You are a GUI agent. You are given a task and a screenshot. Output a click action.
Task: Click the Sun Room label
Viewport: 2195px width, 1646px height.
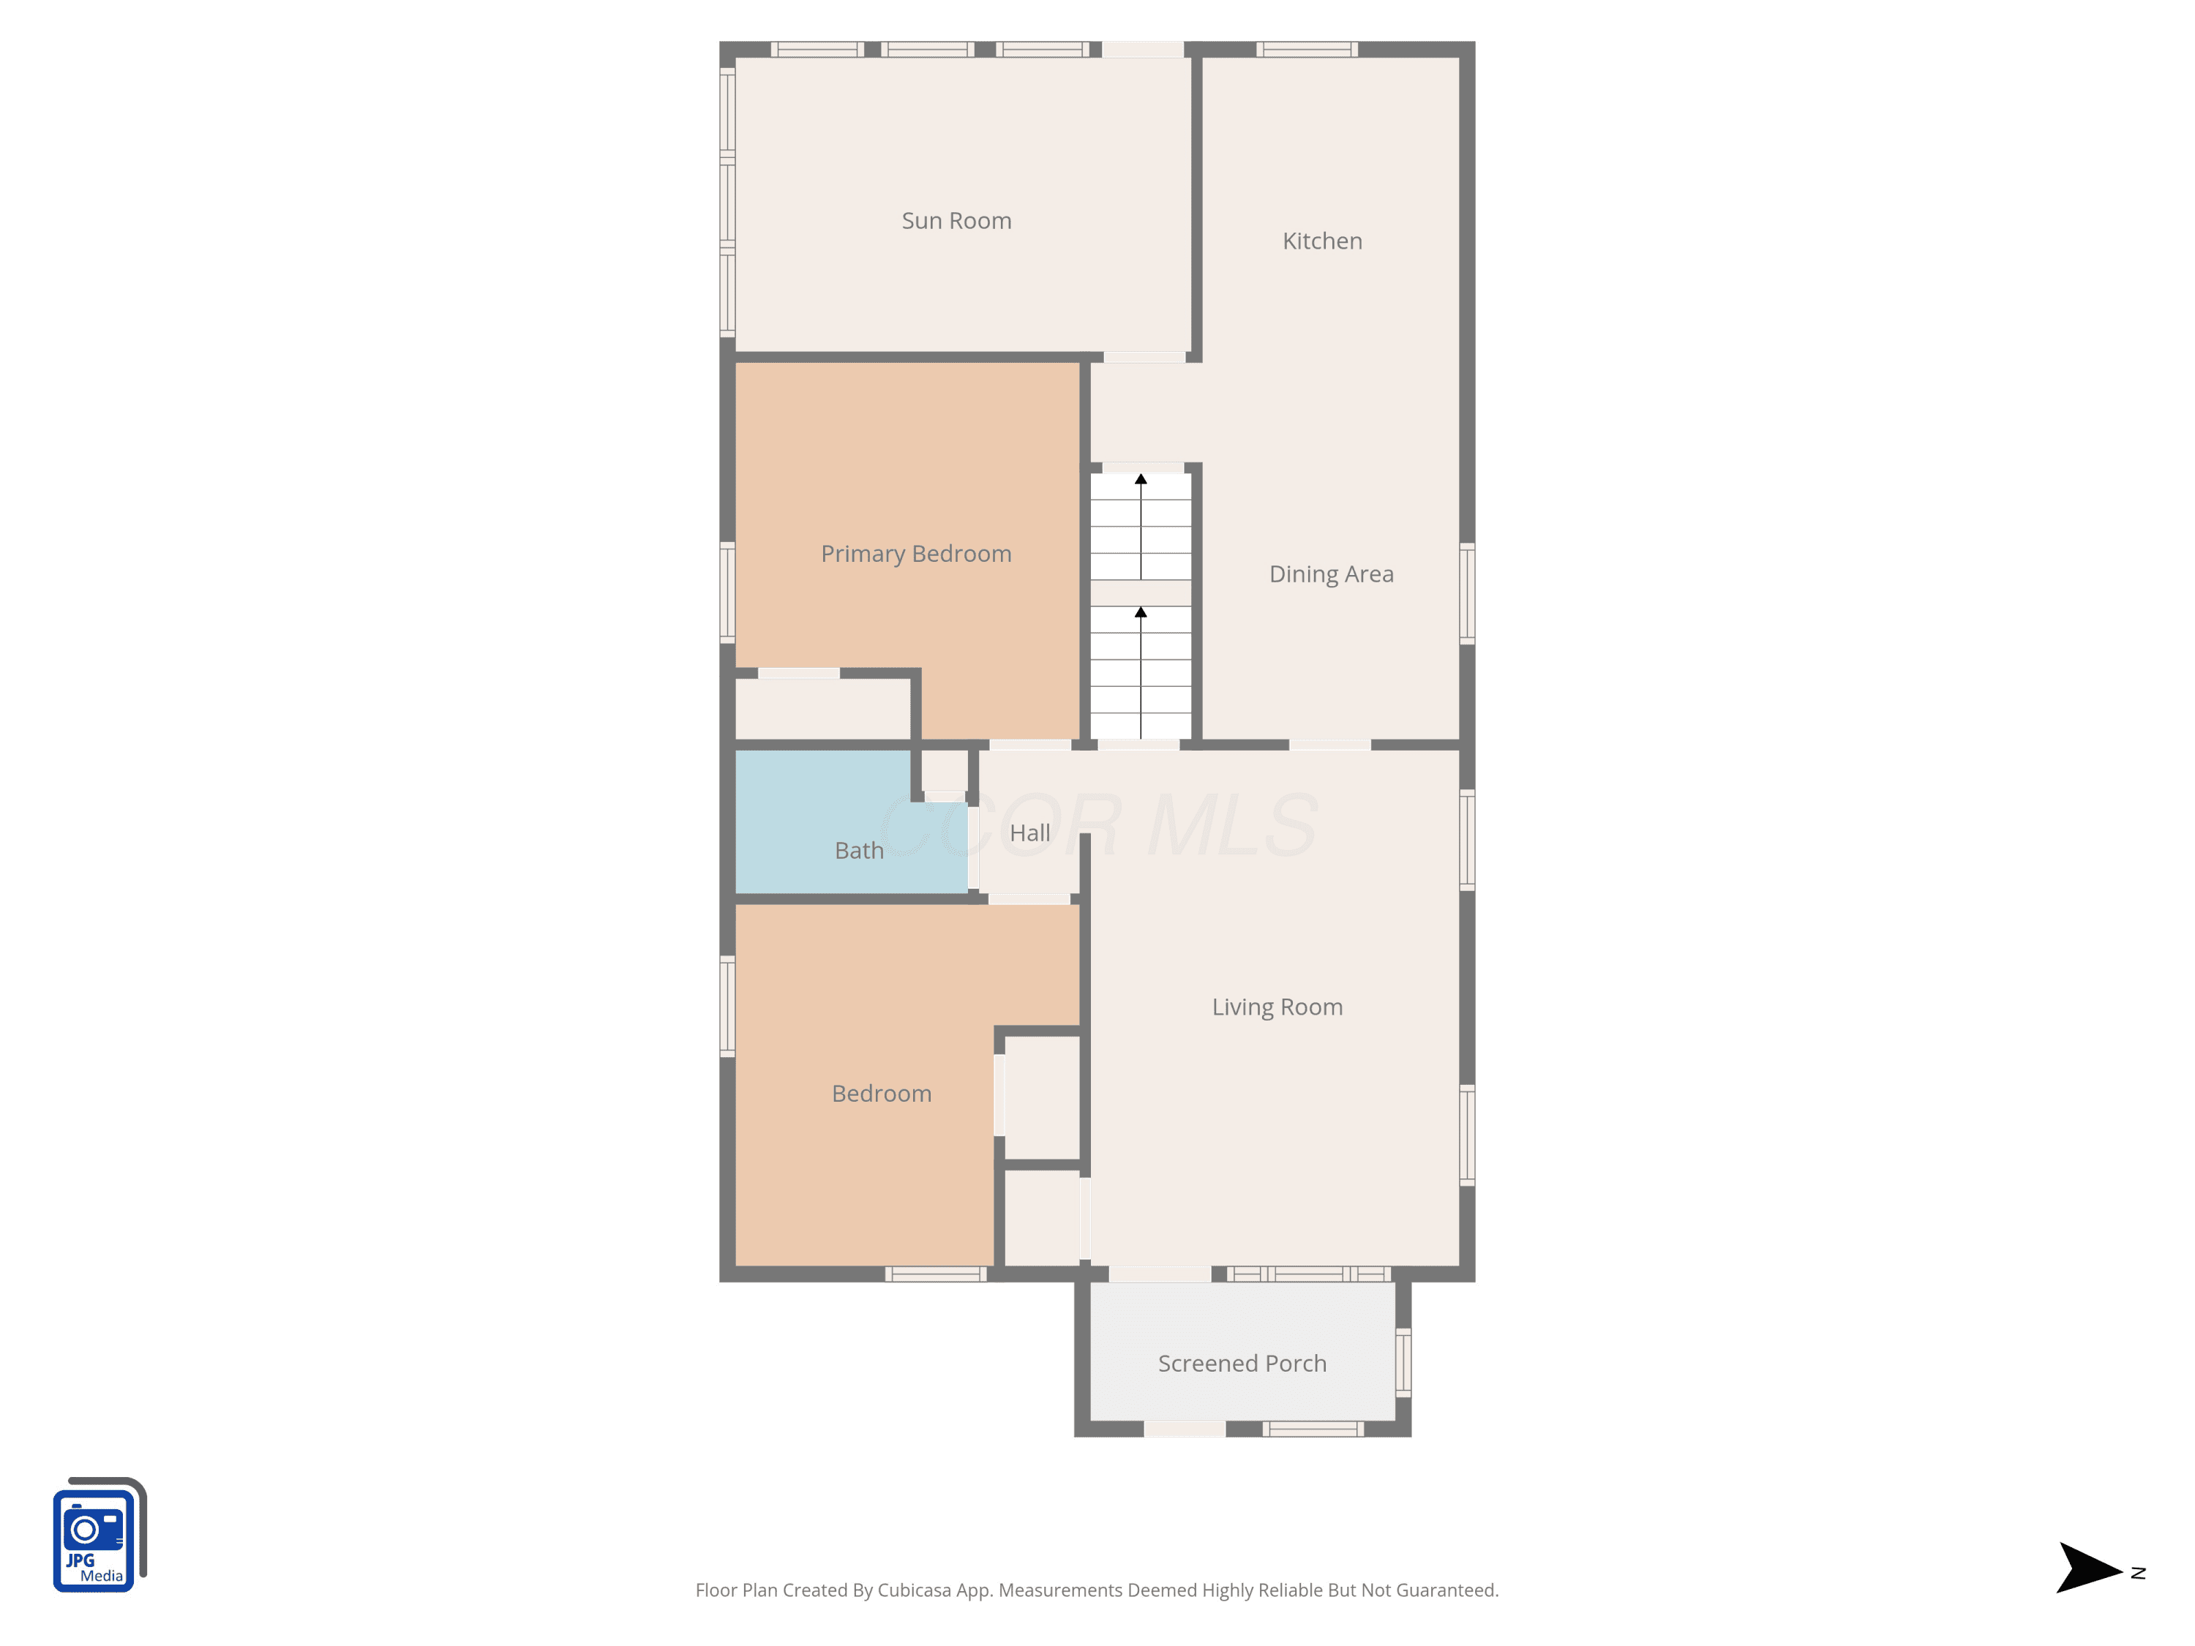pyautogui.click(x=956, y=221)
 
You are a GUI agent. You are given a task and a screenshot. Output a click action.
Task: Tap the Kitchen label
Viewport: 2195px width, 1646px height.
pyautogui.click(x=1322, y=241)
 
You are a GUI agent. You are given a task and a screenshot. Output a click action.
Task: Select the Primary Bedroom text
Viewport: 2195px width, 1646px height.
pyautogui.click(x=916, y=555)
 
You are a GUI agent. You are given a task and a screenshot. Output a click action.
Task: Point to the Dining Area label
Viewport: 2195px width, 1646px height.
pyautogui.click(x=1331, y=574)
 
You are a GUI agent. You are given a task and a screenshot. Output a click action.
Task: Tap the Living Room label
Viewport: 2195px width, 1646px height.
pyautogui.click(x=1277, y=1007)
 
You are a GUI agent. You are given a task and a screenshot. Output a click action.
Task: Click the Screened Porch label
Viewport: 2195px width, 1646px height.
pyautogui.click(x=1242, y=1363)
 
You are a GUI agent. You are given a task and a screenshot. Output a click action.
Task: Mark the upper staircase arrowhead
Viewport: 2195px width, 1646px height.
pyautogui.click(x=1141, y=479)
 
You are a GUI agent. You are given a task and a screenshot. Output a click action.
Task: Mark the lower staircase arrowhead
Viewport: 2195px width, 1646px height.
pyautogui.click(x=1141, y=612)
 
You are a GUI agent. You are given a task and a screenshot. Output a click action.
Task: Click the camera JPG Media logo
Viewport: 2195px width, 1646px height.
pyautogui.click(x=100, y=1535)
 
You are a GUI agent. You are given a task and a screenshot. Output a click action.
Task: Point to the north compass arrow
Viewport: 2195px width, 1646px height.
pyautogui.click(x=2090, y=1568)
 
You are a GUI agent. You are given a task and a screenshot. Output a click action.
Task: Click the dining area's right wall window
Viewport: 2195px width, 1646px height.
pyautogui.click(x=1467, y=593)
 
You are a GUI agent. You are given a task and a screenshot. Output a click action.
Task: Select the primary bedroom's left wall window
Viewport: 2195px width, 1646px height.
pyautogui.click(x=727, y=593)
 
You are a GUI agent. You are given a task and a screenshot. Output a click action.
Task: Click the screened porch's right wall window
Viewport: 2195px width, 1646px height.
pyautogui.click(x=1403, y=1363)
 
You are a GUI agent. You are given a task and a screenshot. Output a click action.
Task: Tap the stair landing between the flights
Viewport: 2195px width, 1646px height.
pyautogui.click(x=1141, y=593)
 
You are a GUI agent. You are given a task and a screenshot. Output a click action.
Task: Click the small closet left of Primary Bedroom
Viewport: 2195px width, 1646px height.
pyautogui.click(x=822, y=708)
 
